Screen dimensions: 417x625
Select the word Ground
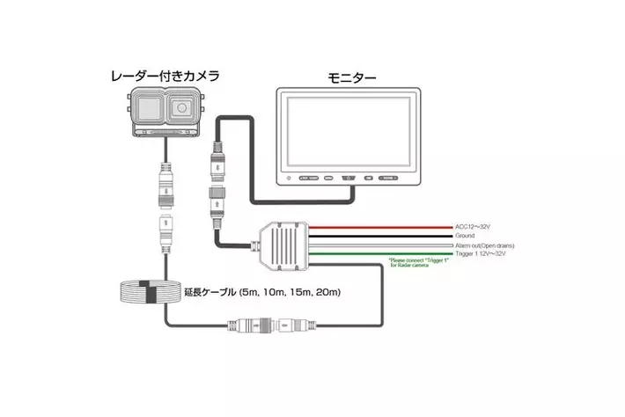tap(466, 236)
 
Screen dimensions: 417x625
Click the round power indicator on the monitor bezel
tap(289, 179)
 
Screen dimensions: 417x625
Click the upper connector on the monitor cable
tap(217, 161)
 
